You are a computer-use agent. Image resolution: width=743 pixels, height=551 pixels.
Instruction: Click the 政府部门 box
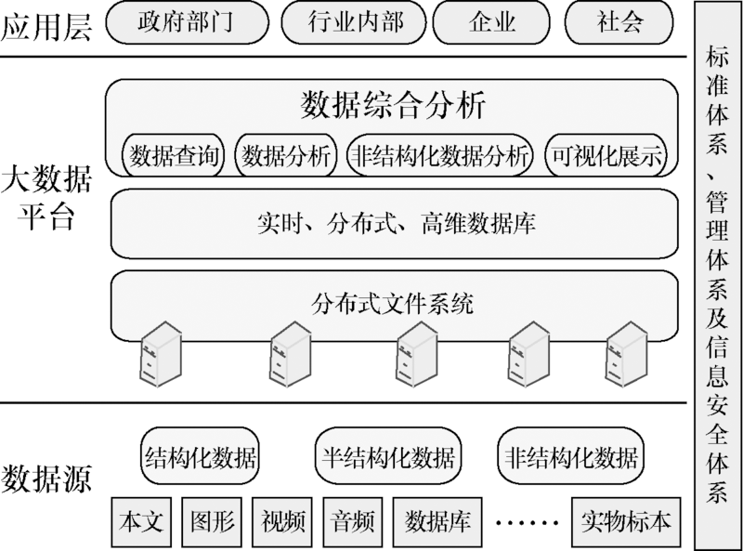[186, 21]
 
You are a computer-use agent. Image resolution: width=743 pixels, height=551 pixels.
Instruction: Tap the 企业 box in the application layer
[492, 21]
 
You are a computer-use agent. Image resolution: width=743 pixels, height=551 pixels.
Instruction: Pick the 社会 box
[619, 21]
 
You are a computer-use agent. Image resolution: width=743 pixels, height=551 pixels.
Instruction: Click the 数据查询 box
[175, 156]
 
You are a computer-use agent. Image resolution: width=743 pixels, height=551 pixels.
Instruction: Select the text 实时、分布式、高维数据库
[394, 223]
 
